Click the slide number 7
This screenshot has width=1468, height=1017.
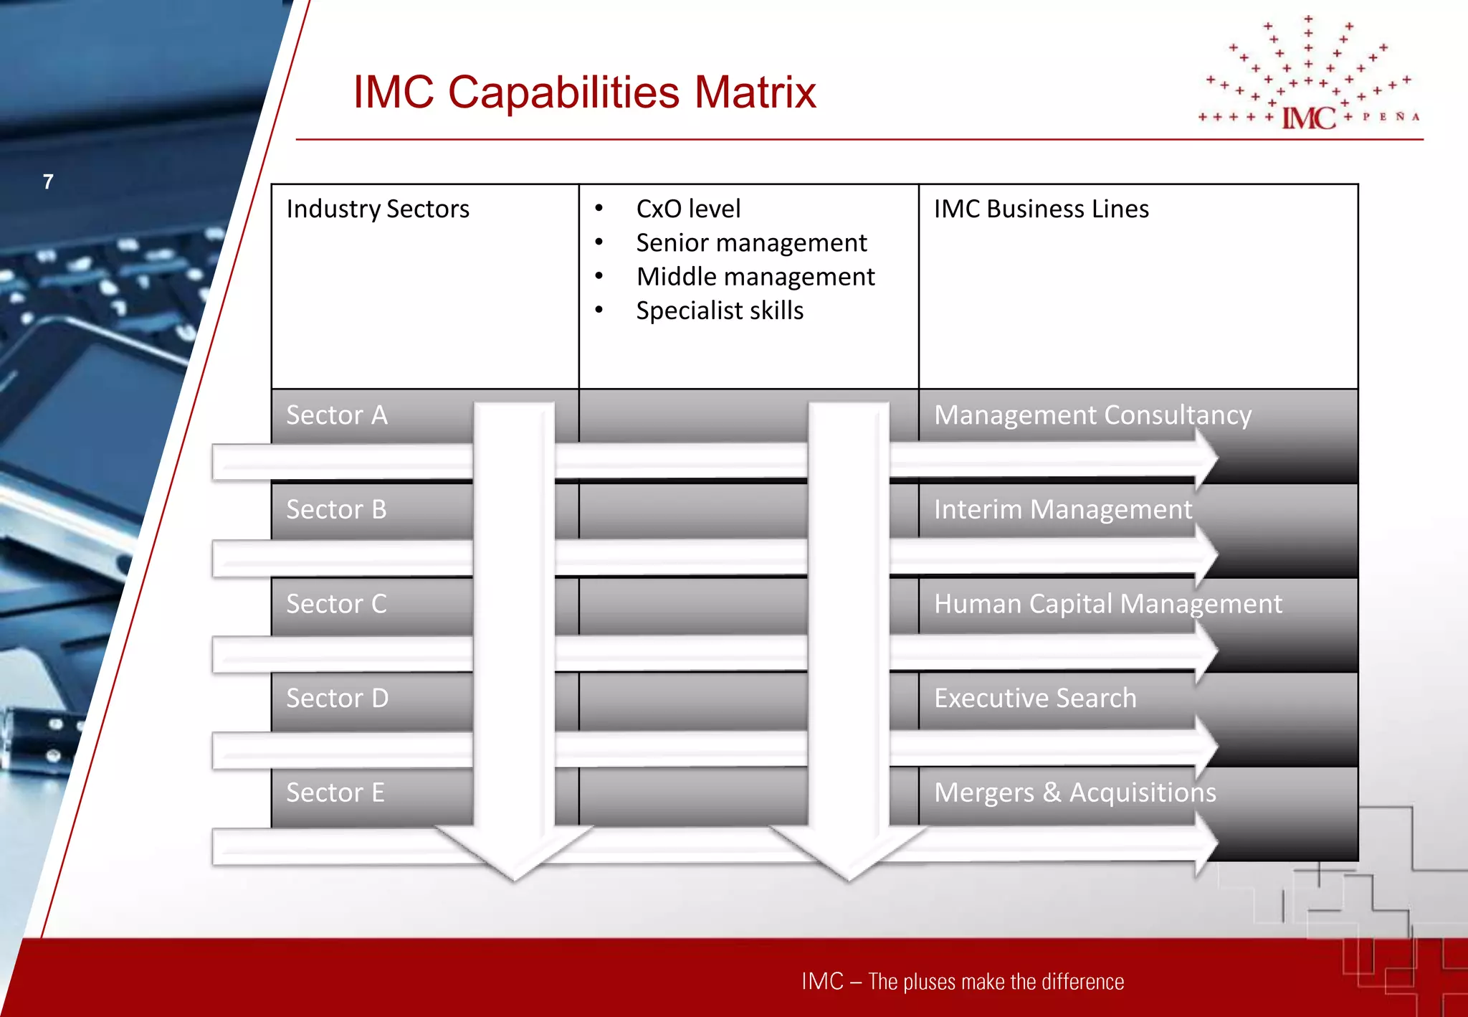point(48,182)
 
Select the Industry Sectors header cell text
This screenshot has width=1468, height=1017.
point(378,209)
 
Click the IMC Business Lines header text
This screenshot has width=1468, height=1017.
point(1041,209)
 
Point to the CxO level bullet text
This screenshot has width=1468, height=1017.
point(688,209)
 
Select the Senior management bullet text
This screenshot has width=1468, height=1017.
point(751,243)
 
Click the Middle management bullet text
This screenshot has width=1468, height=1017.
point(756,277)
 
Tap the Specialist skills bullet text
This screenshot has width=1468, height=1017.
point(720,311)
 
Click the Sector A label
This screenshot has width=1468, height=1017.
point(337,415)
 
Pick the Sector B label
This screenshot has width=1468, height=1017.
point(336,510)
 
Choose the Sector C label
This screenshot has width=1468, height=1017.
point(336,604)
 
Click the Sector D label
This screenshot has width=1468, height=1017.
point(337,699)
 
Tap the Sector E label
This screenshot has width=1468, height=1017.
point(335,793)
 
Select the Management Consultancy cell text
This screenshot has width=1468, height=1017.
point(1092,415)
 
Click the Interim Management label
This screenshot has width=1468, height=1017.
point(1062,510)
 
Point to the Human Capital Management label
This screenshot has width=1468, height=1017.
point(1107,604)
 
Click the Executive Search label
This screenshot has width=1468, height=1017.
point(1035,699)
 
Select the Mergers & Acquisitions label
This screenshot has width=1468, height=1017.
point(1074,793)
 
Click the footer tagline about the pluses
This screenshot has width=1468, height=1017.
point(963,981)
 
